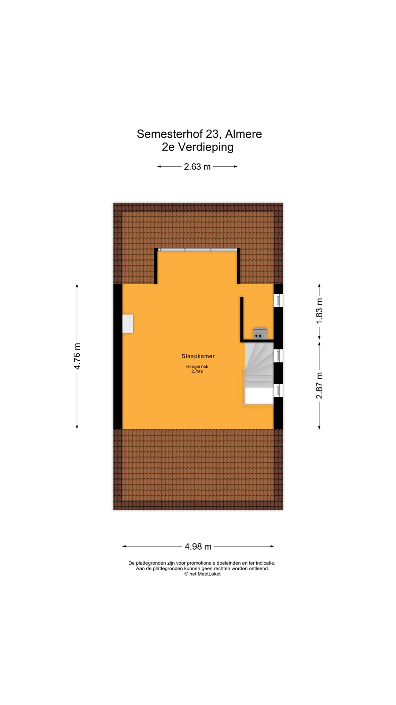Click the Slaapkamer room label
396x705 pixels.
tap(198, 356)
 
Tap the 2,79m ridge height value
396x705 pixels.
tap(197, 372)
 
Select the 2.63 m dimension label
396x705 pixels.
tap(197, 167)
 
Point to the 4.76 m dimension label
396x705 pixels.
tap(77, 356)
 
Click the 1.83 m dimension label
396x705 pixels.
tap(319, 311)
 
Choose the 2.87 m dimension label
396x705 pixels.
tap(319, 385)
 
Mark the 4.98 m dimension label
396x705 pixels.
tap(198, 547)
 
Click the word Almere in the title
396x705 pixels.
tap(243, 134)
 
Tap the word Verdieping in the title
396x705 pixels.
tap(206, 147)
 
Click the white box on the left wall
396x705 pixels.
tap(128, 323)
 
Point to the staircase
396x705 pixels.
tap(259, 374)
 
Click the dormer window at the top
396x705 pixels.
tap(198, 250)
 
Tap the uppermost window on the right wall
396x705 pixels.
tap(278, 300)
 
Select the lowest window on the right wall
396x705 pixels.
tap(278, 390)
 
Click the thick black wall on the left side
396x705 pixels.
tap(118, 356)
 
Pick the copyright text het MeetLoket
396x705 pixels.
tap(202, 574)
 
